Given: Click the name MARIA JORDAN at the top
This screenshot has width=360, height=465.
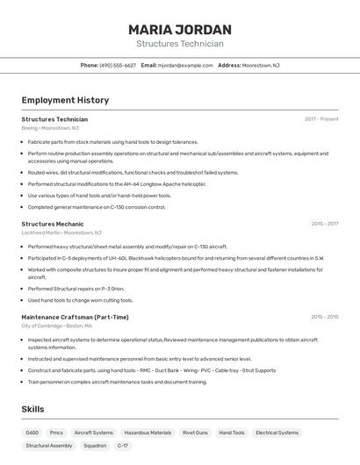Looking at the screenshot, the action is tap(180, 29).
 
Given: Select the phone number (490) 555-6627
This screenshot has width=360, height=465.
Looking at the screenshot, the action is tap(118, 65).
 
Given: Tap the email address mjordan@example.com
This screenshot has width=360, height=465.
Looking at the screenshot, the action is tap(185, 65).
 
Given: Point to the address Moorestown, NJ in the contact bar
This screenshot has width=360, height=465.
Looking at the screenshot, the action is tap(261, 65).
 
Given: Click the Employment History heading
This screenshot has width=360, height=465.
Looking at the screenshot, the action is tap(65, 101).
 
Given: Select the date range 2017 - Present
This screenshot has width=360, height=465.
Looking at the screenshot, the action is tap(321, 119).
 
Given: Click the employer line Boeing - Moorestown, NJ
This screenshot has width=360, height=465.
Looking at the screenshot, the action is tap(50, 128).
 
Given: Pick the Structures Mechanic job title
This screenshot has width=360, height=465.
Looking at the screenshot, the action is tap(53, 224).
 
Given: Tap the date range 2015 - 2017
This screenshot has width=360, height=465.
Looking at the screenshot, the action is tap(324, 224).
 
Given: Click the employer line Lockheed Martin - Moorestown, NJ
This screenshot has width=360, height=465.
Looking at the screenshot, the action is tap(61, 232).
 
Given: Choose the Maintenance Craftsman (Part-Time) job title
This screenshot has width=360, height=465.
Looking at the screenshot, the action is tap(75, 317).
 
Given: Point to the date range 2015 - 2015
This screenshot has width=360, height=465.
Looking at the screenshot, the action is tap(324, 317).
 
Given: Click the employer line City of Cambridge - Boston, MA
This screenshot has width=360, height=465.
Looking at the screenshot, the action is tap(57, 325).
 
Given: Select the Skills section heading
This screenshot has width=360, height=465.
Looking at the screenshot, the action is tap(32, 409).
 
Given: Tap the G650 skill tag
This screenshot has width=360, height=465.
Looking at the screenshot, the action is tap(32, 433).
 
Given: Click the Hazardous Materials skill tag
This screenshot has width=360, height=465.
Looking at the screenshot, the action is tap(148, 433).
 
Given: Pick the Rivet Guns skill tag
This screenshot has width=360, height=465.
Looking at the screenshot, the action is tap(195, 433).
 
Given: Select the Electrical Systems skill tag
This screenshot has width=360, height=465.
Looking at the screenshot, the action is tap(277, 433).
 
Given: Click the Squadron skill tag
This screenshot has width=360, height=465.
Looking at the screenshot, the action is tap(95, 446).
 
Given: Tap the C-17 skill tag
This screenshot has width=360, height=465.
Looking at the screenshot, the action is tap(123, 446).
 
